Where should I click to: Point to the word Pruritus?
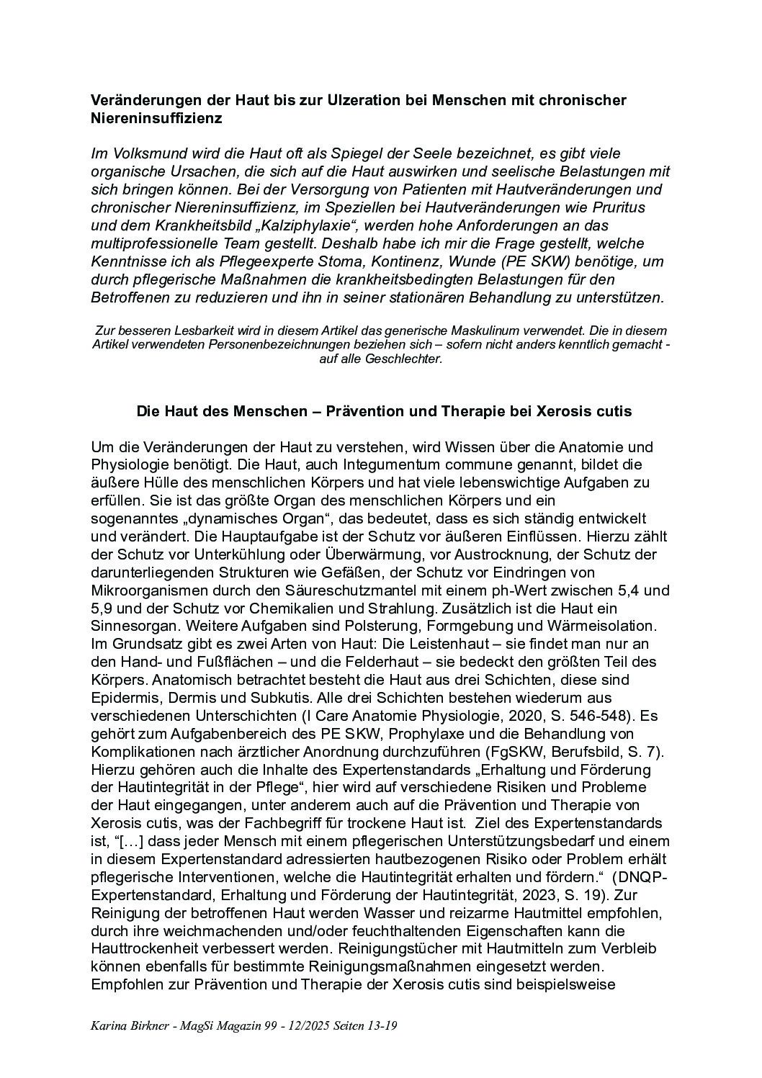[x=618, y=207]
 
